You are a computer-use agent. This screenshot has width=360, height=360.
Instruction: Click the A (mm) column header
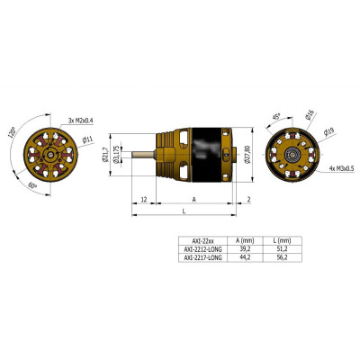coord(240,240)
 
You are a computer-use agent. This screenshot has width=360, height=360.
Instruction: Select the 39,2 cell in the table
coord(240,248)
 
